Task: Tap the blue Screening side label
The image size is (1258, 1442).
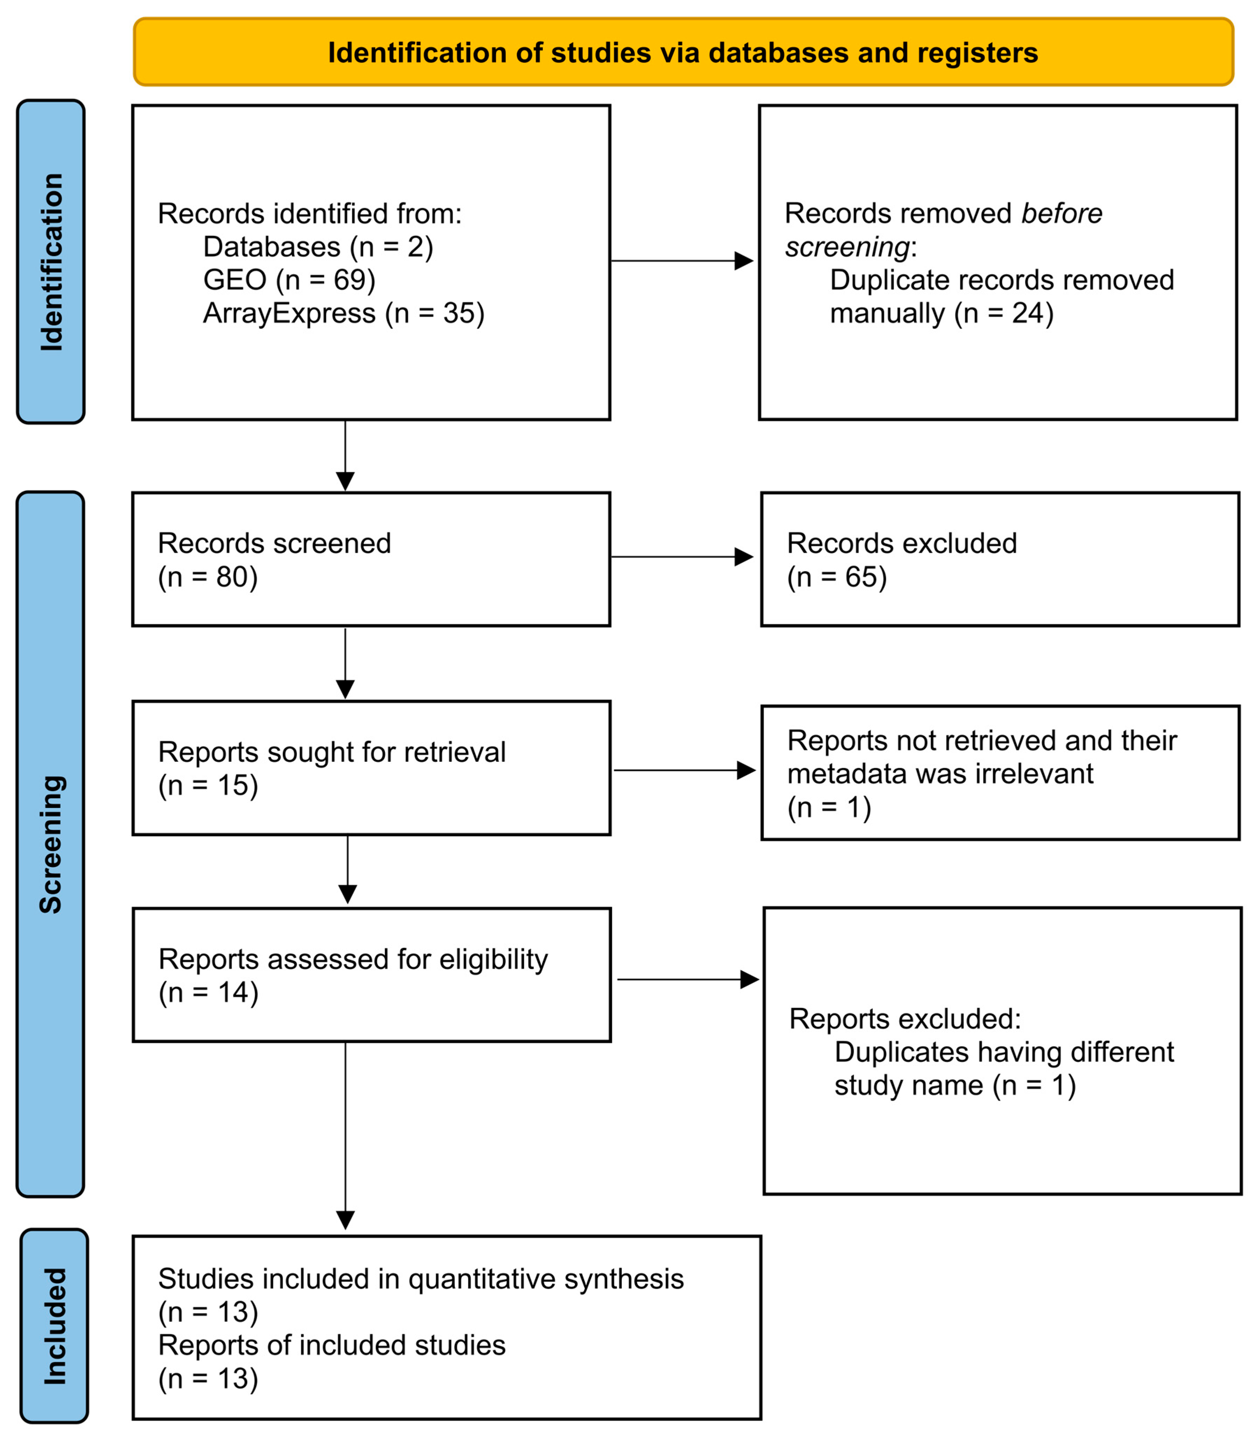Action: [x=51, y=844]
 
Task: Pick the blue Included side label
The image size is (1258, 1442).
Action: [x=54, y=1326]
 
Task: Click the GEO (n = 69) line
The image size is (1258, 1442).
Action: [x=289, y=280]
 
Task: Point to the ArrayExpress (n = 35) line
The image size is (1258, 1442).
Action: [x=343, y=313]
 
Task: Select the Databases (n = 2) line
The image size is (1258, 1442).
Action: [x=318, y=247]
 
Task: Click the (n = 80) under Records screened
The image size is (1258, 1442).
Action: [x=208, y=577]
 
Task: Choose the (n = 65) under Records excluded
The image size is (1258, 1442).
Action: [x=837, y=577]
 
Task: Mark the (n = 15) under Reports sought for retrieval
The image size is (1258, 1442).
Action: [x=208, y=785]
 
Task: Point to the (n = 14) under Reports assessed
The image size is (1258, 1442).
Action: [x=209, y=992]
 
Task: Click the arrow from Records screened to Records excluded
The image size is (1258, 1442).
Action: [x=681, y=557]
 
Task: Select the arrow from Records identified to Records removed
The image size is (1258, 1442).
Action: [x=681, y=261]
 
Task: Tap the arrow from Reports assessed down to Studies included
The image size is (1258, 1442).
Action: [x=346, y=1137]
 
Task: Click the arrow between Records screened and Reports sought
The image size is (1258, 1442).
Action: [x=346, y=663]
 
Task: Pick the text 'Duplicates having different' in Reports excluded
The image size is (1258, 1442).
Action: [x=1004, y=1052]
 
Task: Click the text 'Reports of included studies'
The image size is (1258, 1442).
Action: [x=331, y=1345]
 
